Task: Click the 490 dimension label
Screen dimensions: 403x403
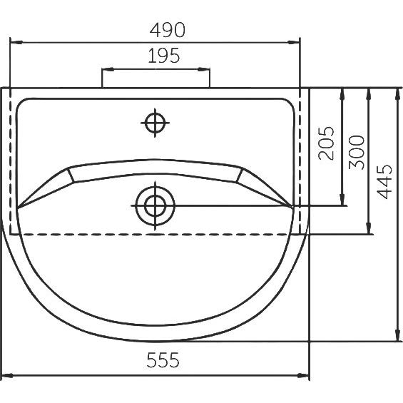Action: click(x=168, y=30)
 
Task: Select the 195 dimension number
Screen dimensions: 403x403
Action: click(x=164, y=56)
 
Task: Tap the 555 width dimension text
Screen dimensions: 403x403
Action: click(x=163, y=360)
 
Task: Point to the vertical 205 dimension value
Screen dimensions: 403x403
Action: click(x=326, y=143)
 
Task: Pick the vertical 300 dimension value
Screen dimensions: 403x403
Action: click(x=357, y=153)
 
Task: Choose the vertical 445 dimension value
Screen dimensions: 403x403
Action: click(x=384, y=182)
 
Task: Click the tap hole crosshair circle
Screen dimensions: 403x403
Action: click(x=155, y=123)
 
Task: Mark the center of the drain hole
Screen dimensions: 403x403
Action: click(x=155, y=205)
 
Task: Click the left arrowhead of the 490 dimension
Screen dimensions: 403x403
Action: click(x=16, y=42)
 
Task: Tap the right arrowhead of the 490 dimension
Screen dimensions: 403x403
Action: click(x=293, y=42)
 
